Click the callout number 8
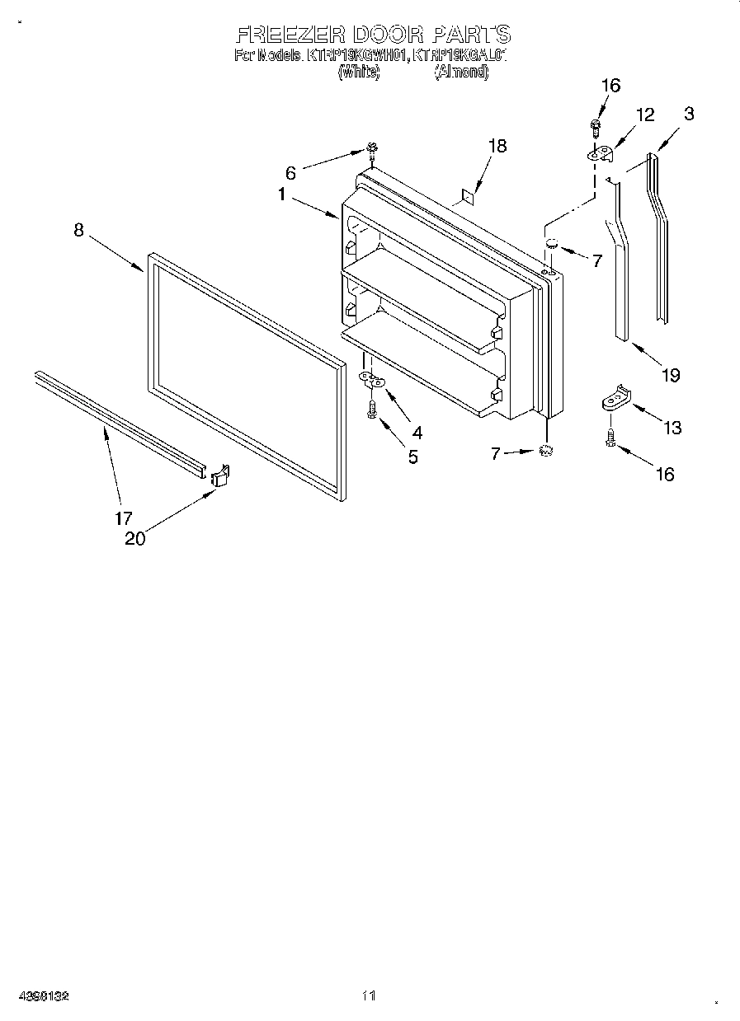pos(78,231)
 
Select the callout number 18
pos(497,146)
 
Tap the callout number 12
pos(644,115)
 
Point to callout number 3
pos(688,114)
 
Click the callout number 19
pos(670,375)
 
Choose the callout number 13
pos(672,427)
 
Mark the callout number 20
pos(134,539)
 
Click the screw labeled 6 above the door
pos(372,149)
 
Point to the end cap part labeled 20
pos(219,476)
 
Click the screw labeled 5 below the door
pos(372,408)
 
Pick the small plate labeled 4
pos(372,379)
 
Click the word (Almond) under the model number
pos(462,73)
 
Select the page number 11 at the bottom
pos(369,996)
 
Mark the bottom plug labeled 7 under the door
pos(544,450)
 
